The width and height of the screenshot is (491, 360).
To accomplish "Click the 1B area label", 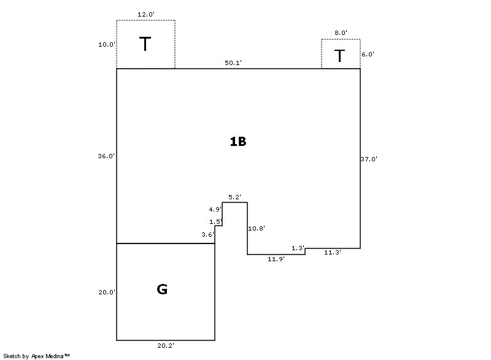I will pyautogui.click(x=238, y=142).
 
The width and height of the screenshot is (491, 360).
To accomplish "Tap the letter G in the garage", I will pyautogui.click(x=162, y=289).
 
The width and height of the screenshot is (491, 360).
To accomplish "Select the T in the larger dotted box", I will pyautogui.click(x=145, y=44).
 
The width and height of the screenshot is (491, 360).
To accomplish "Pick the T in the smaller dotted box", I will pyautogui.click(x=339, y=56).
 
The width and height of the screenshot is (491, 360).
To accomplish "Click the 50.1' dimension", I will pyautogui.click(x=233, y=63).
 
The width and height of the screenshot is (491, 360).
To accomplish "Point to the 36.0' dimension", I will pyautogui.click(x=106, y=156).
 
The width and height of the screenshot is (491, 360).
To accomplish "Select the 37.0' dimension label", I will pyautogui.click(x=369, y=159).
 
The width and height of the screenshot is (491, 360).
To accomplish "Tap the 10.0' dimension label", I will pyautogui.click(x=106, y=44).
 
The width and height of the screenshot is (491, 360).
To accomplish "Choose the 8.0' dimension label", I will pyautogui.click(x=341, y=33).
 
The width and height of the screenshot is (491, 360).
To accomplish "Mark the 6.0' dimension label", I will pyautogui.click(x=368, y=54).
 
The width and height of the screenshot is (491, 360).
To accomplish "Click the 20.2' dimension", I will pyautogui.click(x=166, y=346).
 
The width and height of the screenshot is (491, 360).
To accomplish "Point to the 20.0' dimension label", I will pyautogui.click(x=107, y=293).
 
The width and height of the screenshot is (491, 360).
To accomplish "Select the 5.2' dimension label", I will pyautogui.click(x=234, y=197).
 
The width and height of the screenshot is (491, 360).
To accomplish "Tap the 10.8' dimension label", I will pyautogui.click(x=256, y=228).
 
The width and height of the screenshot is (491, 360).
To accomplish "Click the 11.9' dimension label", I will pyautogui.click(x=276, y=259).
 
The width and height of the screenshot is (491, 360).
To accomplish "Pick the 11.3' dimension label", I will pyautogui.click(x=333, y=252).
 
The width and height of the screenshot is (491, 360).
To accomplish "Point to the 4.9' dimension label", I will pyautogui.click(x=215, y=209).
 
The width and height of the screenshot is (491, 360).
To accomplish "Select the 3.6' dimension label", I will pyautogui.click(x=207, y=234).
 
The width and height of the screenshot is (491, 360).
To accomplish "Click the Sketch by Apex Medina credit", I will pyautogui.click(x=36, y=356).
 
